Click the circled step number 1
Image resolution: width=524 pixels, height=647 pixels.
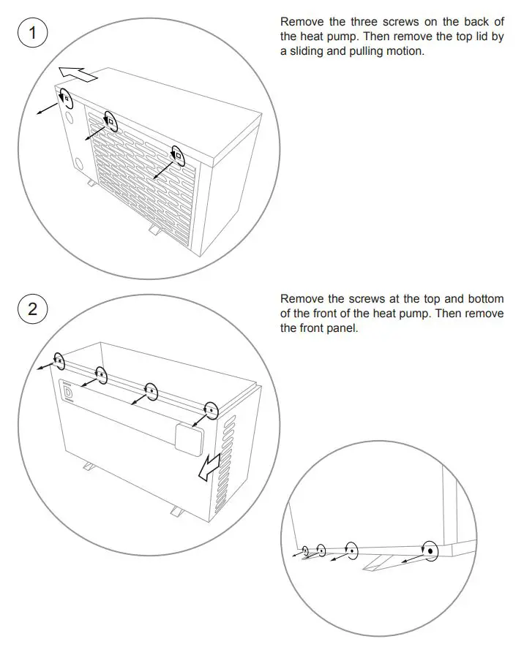[x=32, y=33]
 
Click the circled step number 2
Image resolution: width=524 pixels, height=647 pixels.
[x=32, y=309]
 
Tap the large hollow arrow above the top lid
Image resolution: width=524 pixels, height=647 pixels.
[x=78, y=74]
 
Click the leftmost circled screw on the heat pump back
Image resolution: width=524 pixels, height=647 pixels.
[x=66, y=98]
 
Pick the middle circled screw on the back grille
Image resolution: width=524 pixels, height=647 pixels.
[x=111, y=121]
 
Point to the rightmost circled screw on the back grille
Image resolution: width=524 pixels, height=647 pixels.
[x=177, y=154]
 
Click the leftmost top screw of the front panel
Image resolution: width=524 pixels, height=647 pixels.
[x=60, y=361]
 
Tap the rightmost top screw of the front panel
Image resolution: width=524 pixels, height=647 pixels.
[x=211, y=411]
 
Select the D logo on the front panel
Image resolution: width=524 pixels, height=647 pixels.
[x=70, y=393]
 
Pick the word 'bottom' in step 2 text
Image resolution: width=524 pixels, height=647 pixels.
[x=484, y=299]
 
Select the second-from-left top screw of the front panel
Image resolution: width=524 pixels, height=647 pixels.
[x=101, y=376]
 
